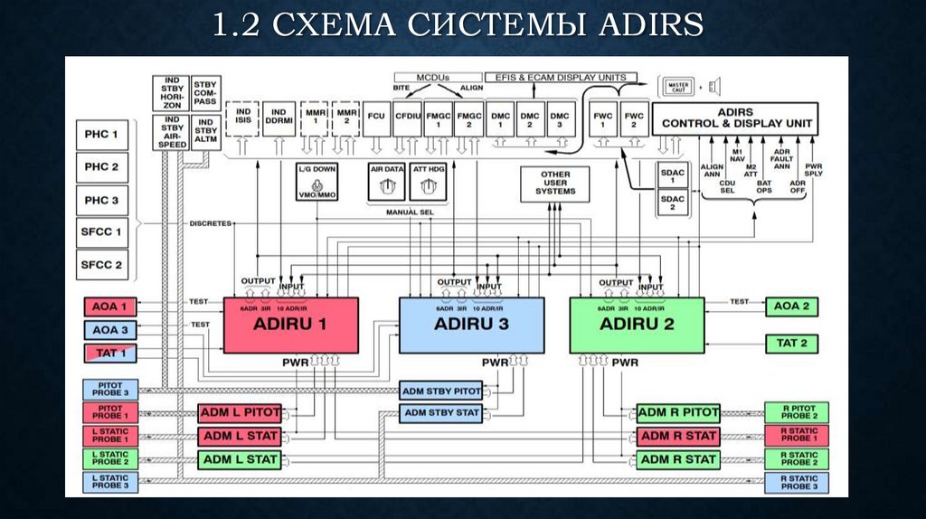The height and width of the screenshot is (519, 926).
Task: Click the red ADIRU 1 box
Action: click(x=291, y=325)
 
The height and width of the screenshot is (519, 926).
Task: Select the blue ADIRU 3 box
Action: click(x=471, y=325)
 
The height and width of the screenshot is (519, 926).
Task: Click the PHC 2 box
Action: click(x=102, y=166)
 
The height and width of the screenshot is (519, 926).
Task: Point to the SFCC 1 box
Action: click(x=102, y=232)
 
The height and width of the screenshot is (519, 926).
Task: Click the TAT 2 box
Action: click(x=791, y=344)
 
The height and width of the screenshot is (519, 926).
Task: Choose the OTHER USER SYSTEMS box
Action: click(x=555, y=184)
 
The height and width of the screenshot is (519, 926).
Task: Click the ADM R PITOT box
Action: click(x=678, y=412)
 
